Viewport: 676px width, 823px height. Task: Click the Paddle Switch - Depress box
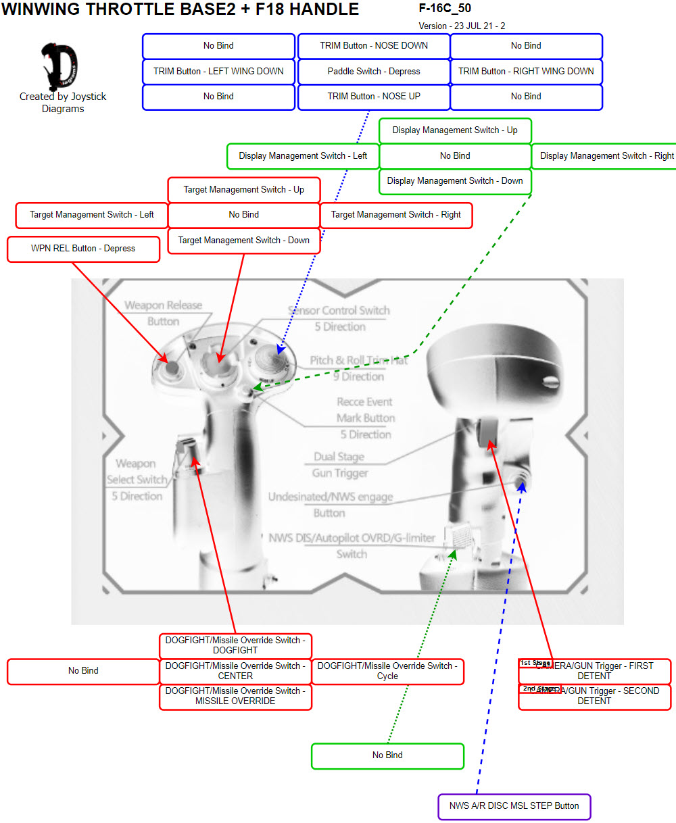374,71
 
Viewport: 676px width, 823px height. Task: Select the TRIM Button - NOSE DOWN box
374,46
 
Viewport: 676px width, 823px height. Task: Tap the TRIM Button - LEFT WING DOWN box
218,71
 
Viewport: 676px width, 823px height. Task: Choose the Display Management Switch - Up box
455,130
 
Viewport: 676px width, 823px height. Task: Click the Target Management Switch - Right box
395,215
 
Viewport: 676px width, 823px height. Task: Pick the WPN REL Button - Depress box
83,249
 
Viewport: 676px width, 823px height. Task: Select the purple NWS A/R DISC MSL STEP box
514,806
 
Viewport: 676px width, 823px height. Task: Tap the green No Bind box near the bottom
387,755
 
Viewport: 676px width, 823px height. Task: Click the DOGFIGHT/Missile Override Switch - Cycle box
387,671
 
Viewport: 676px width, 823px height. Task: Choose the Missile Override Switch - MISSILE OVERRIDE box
235,696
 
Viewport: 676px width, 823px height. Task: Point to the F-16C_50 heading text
445,9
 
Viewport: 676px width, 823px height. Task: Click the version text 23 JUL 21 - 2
462,26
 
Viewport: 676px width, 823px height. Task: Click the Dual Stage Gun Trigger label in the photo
340,465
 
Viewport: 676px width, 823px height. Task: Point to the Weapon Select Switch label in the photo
137,480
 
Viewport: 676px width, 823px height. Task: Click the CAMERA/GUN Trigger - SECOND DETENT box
594,696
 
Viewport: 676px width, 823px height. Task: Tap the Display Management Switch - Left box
303,156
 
